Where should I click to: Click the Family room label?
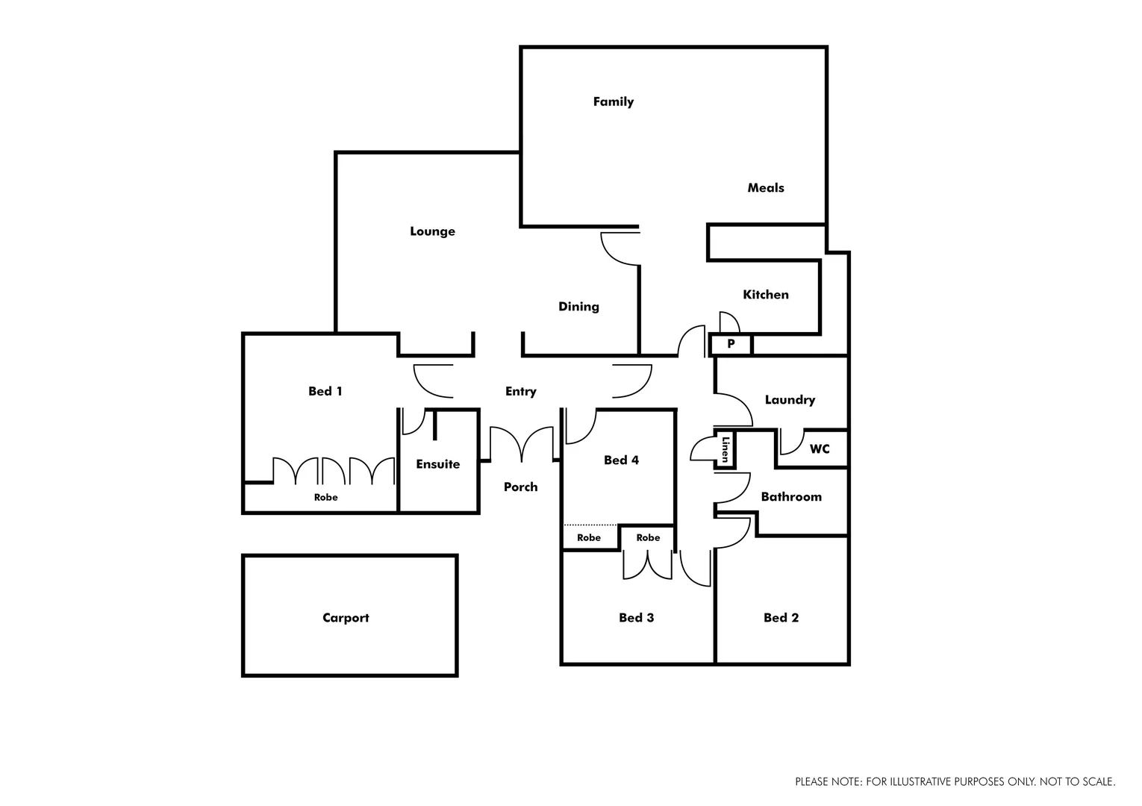tap(613, 101)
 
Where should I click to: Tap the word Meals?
tap(766, 188)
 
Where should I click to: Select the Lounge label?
tap(432, 231)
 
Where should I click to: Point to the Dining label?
tap(578, 307)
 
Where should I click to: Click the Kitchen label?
tap(766, 295)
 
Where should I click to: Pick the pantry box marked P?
tap(731, 345)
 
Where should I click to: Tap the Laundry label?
tap(790, 400)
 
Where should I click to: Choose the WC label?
tap(820, 449)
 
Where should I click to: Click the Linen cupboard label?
tap(725, 449)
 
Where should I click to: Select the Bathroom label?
tap(791, 497)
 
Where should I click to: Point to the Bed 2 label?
tap(781, 618)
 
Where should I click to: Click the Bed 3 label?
tap(636, 618)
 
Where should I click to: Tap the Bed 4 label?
tap(621, 460)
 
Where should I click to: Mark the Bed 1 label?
tap(325, 391)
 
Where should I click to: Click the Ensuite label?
tap(437, 464)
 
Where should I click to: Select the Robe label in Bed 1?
tap(325, 498)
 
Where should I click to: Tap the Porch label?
tap(520, 487)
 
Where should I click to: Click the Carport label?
tap(346, 618)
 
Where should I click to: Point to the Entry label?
tap(520, 392)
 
